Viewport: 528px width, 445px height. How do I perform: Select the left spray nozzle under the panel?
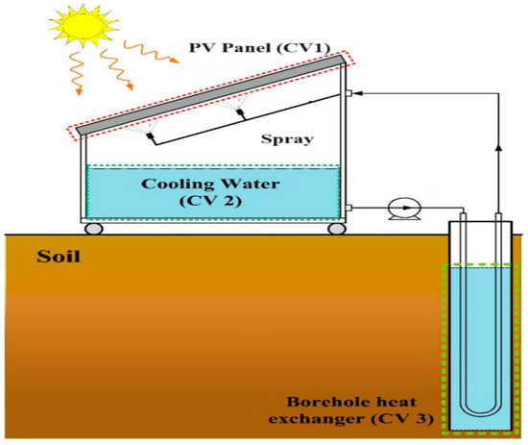[x=151, y=138]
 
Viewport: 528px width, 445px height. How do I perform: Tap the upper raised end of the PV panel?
[x=338, y=61]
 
